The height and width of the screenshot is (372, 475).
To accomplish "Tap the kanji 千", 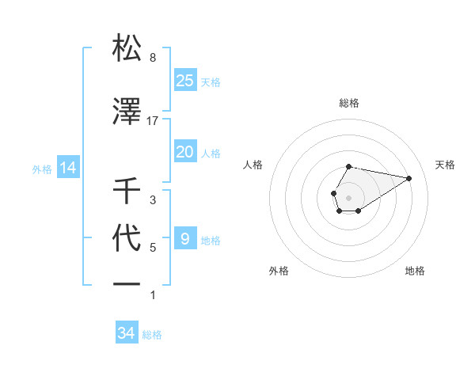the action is point(127,191).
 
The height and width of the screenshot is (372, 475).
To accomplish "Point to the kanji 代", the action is point(127,238).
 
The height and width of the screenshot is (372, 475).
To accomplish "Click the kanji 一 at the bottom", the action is point(127,283).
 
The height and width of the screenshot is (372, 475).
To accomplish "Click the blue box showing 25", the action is point(185,81).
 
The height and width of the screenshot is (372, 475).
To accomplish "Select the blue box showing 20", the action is point(185,152).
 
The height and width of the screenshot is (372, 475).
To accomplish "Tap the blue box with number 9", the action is point(185,239).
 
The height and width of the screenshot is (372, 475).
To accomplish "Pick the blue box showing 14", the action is point(67,168).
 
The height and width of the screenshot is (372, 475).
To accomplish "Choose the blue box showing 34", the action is point(127,334).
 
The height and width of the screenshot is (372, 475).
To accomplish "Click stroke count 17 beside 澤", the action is point(153,121).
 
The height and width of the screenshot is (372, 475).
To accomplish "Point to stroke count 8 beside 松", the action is point(153,58).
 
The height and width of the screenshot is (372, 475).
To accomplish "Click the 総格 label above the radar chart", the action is point(349,103).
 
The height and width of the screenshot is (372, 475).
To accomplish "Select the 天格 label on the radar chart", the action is point(446,165).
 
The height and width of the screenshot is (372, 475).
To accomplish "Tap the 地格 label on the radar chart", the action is point(415,271).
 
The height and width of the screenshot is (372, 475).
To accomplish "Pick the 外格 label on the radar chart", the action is point(279,271).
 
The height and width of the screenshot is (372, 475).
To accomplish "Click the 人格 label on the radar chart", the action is point(253,165).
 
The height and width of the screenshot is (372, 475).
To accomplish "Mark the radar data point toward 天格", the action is point(409,177).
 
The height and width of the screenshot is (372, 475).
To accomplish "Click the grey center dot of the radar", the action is point(349,197).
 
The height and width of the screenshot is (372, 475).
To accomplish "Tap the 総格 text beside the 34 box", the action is point(152,335).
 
